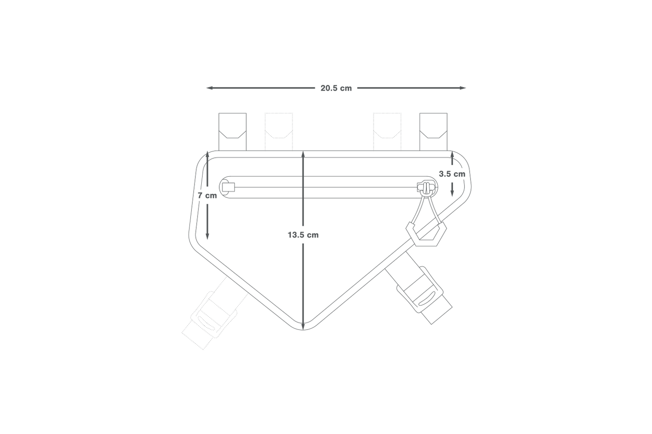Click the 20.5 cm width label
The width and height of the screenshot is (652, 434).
pyautogui.click(x=336, y=88)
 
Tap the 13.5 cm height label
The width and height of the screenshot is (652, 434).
pyautogui.click(x=303, y=235)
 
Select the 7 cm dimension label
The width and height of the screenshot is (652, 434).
pyautogui.click(x=207, y=196)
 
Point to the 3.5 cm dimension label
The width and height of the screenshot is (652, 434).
pyautogui.click(x=452, y=174)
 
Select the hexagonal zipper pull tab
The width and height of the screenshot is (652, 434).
pyautogui.click(x=426, y=233)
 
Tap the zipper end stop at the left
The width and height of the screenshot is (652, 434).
pyautogui.click(x=228, y=187)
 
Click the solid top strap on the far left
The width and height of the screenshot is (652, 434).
pyautogui.click(x=232, y=131)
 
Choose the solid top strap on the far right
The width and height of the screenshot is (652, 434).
pyautogui.click(x=433, y=131)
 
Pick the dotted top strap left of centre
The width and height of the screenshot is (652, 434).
pyautogui.click(x=279, y=131)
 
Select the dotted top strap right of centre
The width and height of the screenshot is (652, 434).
pyautogui.click(x=387, y=131)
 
